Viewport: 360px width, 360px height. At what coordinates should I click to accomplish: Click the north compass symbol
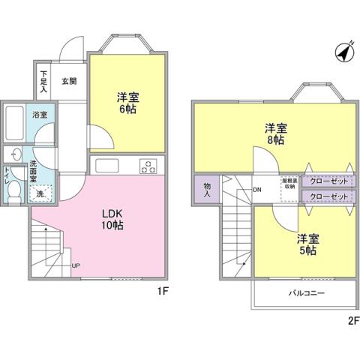tap(344, 53)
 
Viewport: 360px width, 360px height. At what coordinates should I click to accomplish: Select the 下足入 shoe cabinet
tap(43, 82)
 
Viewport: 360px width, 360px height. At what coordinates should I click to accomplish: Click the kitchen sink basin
tap(104, 165)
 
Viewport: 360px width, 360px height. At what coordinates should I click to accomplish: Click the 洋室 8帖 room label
tap(274, 133)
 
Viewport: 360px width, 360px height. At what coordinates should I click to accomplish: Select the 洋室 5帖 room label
tap(306, 244)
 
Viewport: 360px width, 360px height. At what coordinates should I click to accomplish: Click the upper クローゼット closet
tap(328, 181)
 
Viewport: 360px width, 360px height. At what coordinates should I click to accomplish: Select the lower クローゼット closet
tap(328, 196)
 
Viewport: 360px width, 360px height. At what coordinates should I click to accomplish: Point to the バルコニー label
tap(305, 293)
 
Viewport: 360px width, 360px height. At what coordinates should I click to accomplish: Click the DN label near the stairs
tap(257, 189)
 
